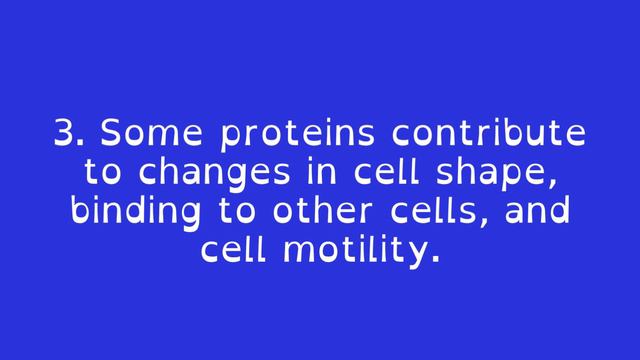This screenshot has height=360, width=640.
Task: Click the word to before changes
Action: [103, 173]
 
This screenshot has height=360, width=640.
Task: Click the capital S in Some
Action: [111, 134]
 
